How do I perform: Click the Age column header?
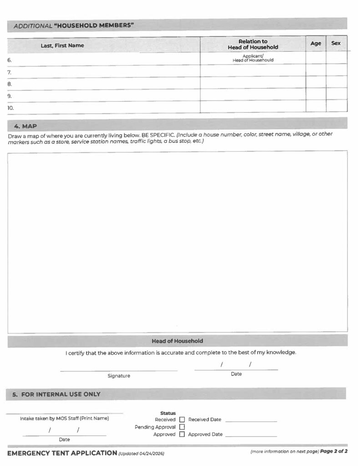point(315,44)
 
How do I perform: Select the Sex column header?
point(336,44)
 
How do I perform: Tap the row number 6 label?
point(10,60)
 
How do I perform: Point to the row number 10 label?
point(11,108)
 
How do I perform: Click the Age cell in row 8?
point(315,84)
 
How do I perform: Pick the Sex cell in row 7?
point(336,72)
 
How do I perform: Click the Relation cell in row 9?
point(253,96)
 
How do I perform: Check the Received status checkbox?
point(182,420)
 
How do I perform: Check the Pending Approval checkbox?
point(182,427)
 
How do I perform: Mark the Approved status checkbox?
point(182,434)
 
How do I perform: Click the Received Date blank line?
point(251,420)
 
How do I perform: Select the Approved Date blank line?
point(251,436)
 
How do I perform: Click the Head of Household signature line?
point(119,369)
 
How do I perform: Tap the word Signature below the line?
point(119,376)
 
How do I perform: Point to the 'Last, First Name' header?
point(62,46)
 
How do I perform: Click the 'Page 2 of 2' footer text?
point(334,452)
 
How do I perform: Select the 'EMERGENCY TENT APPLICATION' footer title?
point(62,453)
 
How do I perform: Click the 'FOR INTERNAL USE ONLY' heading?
point(61,394)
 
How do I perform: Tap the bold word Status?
point(168,413)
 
